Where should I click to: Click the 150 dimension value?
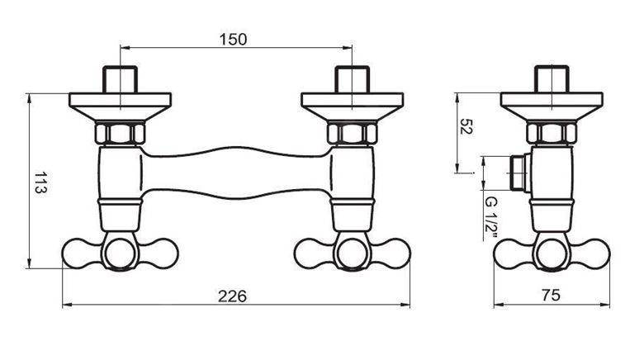tap(233, 40)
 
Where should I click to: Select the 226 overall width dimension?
tap(232, 296)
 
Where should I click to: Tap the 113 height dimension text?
tap(40, 182)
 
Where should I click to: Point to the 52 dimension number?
tap(466, 126)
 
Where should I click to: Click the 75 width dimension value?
tap(551, 295)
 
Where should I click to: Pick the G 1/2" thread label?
tap(490, 219)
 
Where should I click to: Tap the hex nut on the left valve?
tap(120, 133)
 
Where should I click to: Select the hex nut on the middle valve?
tap(352, 133)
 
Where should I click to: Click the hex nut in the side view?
tap(552, 133)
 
